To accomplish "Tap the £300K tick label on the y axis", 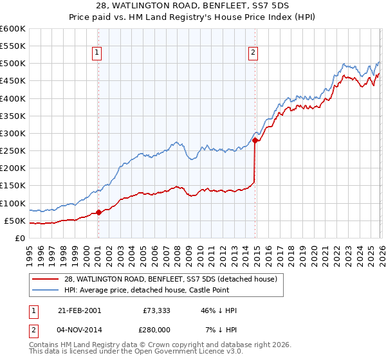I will [13, 133].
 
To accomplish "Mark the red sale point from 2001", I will [98, 212].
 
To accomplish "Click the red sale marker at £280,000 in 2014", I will [255, 140].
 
